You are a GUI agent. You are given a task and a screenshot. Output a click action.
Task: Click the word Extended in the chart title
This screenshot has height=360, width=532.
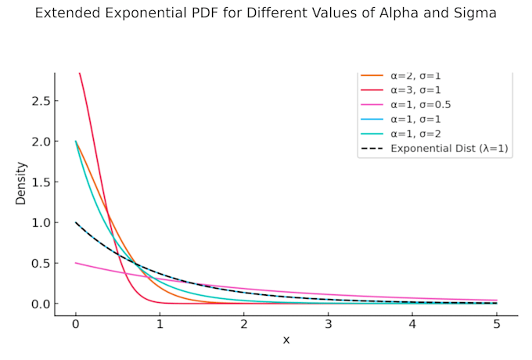click(68, 13)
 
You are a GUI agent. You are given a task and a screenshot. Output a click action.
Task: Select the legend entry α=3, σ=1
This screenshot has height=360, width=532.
click(415, 90)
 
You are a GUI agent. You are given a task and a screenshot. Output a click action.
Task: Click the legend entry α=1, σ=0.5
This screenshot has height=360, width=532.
click(421, 105)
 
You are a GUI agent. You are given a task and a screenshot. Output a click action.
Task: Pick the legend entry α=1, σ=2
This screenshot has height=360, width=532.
click(415, 134)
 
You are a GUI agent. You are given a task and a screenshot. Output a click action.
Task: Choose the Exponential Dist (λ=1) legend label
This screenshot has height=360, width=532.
click(449, 148)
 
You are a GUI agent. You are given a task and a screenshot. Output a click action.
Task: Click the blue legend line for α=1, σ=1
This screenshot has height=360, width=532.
click(372, 119)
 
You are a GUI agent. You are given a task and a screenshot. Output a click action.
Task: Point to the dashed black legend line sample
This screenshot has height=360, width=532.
click(372, 148)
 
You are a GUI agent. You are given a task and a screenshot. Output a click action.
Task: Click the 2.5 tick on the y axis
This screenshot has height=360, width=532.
click(40, 101)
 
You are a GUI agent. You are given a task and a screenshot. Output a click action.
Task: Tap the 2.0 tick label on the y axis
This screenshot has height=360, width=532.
click(40, 142)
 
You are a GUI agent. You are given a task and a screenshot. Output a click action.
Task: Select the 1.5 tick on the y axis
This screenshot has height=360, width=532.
click(40, 182)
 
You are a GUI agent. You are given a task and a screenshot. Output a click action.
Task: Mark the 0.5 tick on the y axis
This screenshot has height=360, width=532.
click(40, 263)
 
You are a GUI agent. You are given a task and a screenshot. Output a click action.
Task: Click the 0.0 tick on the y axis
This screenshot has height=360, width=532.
click(40, 304)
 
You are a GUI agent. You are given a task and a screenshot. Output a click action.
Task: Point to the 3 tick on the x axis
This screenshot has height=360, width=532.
click(328, 324)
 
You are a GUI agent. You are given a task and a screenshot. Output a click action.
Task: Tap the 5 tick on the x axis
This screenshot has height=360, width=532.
click(497, 324)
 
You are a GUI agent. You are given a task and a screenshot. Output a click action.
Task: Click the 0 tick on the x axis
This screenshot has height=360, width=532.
click(76, 324)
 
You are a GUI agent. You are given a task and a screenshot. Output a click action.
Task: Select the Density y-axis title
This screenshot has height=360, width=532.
click(20, 184)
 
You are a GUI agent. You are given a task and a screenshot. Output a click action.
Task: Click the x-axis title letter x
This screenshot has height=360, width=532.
click(286, 340)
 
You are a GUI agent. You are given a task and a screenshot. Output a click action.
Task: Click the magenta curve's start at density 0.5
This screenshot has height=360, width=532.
click(76, 263)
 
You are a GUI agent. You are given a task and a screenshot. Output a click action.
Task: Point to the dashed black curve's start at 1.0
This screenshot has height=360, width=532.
click(76, 222)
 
